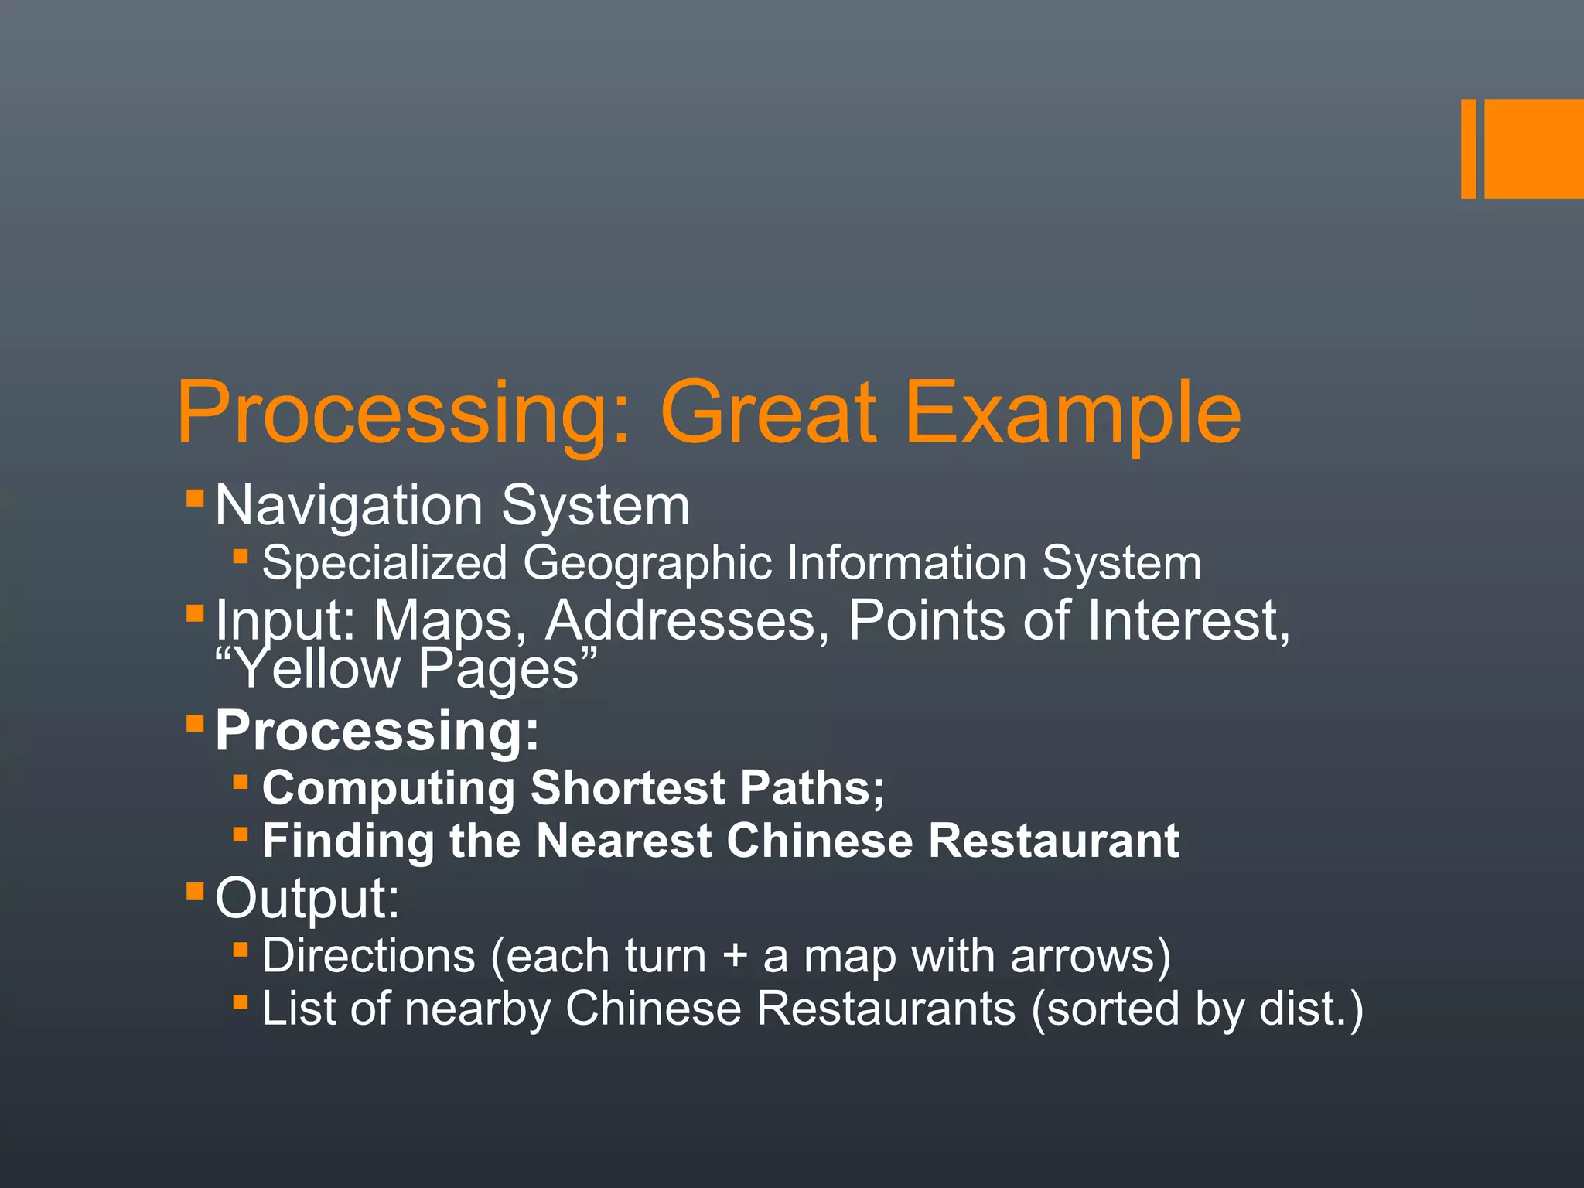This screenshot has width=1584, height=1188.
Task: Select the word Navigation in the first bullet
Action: pos(349,507)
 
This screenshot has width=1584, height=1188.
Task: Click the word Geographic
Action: pos(647,564)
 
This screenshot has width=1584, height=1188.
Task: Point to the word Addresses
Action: pos(681,620)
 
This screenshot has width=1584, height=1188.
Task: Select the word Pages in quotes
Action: pos(499,670)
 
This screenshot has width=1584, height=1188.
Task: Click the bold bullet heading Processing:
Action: pos(377,730)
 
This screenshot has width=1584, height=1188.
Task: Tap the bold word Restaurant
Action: pos(1053,841)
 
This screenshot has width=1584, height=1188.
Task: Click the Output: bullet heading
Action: pos(307,899)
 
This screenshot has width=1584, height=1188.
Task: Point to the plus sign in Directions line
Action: pos(735,957)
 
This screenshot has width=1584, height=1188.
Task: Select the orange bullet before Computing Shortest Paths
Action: pos(241,782)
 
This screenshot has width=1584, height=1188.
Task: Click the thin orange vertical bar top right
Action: pos(1468,148)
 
